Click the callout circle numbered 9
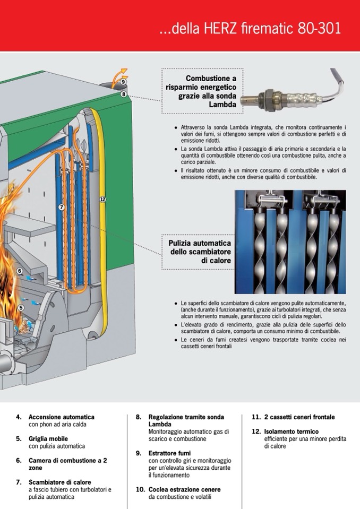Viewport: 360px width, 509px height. click(123, 82)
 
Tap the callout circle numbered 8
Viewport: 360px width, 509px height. click(124, 94)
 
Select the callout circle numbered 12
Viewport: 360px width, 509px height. click(102, 199)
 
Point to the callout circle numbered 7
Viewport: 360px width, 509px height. click(62, 207)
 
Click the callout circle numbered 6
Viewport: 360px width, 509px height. click(20, 271)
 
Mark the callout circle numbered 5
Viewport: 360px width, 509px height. click(21, 307)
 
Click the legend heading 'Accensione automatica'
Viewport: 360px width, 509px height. click(61, 417)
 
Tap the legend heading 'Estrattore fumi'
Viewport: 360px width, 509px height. click(169, 453)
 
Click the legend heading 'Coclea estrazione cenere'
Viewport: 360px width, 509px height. click(184, 489)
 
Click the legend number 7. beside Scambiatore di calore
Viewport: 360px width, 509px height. click(19, 482)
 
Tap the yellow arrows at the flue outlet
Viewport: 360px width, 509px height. click(121, 73)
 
